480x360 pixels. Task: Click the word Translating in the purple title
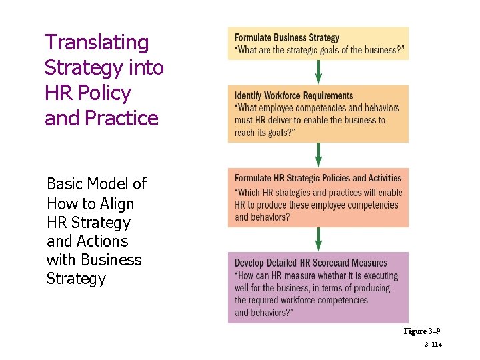coord(97,43)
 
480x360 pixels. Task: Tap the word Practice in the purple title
coord(122,119)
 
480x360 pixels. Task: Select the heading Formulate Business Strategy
coord(287,38)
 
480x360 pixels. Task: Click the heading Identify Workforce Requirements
coord(293,96)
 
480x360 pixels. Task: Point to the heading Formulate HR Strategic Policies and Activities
coord(318,179)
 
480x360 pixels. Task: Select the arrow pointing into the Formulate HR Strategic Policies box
coord(318,155)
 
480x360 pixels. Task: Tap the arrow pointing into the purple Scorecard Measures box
coord(318,239)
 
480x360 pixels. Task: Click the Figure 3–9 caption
coord(421,331)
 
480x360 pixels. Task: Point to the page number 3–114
coord(432,345)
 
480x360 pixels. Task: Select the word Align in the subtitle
coord(117,204)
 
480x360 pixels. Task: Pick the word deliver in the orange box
coord(277,120)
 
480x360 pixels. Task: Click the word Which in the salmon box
coord(251,193)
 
